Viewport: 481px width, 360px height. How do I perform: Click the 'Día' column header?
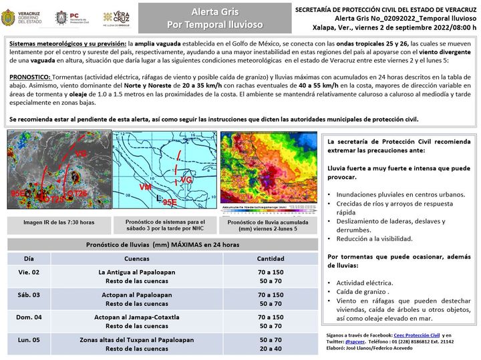click(29, 258)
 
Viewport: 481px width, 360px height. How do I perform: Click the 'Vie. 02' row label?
click(29, 273)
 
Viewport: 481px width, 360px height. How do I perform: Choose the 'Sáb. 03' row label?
click(29, 295)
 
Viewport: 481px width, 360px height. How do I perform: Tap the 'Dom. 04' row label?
click(29, 317)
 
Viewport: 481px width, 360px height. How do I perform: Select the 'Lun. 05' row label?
click(29, 339)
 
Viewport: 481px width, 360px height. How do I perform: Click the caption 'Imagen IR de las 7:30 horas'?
click(59, 222)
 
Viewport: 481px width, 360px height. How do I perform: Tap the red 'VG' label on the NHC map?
click(186, 180)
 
